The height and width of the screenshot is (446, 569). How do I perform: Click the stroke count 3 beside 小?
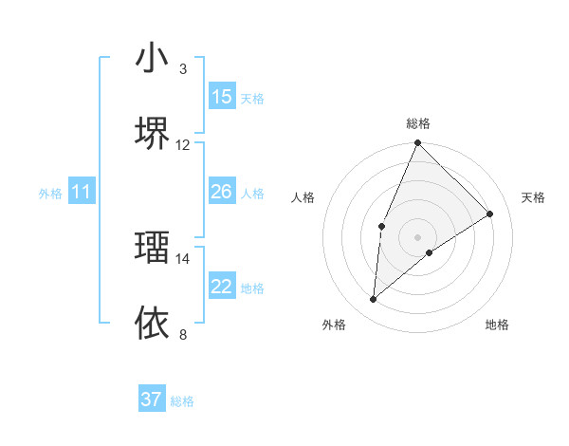pos(183,69)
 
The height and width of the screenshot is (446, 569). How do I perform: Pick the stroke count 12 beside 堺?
pos(183,144)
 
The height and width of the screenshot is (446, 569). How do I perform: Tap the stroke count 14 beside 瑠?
pos(183,258)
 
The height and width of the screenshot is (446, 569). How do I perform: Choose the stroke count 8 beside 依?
pos(183,334)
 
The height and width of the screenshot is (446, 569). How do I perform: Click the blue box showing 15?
pos(221,97)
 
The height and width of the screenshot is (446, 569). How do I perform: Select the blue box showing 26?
pos(221,192)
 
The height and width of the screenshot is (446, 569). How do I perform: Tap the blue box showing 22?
pos(221,287)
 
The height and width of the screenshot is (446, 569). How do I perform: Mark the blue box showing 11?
pos(82,192)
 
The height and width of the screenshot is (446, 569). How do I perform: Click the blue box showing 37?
pos(152,400)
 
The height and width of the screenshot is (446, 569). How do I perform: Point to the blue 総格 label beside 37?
pos(182,401)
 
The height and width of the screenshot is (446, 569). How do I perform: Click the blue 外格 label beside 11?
pos(50,194)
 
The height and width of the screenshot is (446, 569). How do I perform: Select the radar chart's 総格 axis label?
pos(418,123)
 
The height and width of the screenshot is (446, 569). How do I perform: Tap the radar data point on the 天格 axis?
pos(490,214)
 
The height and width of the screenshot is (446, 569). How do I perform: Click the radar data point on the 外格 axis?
pos(374,299)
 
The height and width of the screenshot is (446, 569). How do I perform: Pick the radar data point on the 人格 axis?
pos(381,226)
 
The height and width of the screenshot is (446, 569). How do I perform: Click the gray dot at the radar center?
pos(418,236)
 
